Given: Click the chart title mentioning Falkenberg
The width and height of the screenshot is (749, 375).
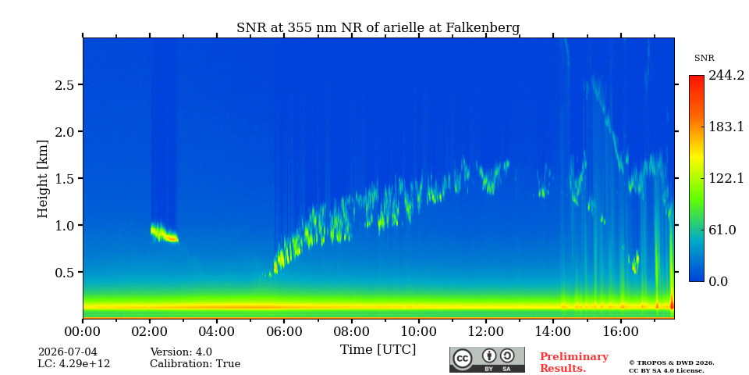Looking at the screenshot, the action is click(x=378, y=28).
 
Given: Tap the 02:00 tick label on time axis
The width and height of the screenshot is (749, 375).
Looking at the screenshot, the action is click(x=150, y=331).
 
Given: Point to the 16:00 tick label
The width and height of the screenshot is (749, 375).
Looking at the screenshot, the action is click(x=620, y=331).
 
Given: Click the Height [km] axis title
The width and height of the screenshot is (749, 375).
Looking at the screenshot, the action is click(x=43, y=179).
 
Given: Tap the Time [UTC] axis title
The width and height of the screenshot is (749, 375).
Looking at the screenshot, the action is click(x=378, y=350).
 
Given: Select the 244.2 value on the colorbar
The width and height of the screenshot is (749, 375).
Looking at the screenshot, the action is click(x=726, y=76).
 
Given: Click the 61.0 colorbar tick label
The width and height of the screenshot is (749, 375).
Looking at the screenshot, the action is click(x=722, y=230).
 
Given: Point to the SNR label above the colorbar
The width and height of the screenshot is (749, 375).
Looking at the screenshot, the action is click(x=704, y=59).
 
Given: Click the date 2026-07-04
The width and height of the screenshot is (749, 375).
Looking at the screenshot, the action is click(x=67, y=352).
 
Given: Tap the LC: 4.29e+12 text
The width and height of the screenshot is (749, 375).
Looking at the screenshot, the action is click(x=74, y=364).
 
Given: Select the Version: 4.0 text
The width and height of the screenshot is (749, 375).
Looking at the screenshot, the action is click(x=181, y=352).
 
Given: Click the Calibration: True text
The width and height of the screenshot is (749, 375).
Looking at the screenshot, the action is click(x=195, y=364).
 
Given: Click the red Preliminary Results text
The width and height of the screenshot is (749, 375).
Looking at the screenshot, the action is click(x=574, y=362).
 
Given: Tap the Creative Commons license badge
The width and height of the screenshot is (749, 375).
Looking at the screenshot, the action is click(x=487, y=359).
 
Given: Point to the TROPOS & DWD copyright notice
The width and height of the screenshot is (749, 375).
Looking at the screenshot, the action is click(x=671, y=367).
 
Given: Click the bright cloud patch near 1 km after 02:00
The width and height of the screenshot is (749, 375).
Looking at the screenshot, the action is click(x=165, y=233).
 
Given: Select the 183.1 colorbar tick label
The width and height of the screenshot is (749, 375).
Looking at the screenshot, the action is click(x=726, y=127).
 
